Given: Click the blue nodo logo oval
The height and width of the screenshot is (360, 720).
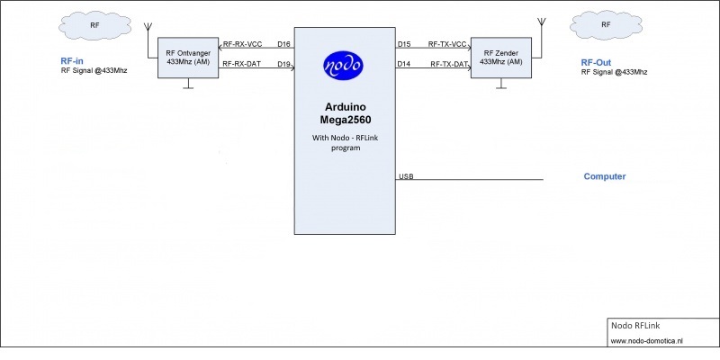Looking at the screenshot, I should click(344, 66).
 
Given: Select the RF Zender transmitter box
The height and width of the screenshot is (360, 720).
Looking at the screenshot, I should click(500, 58).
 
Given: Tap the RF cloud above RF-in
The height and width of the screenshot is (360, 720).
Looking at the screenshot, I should click(94, 26).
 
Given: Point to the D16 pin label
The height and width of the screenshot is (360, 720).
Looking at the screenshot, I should click(284, 43).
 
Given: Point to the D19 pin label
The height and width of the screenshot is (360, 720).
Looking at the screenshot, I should click(284, 64).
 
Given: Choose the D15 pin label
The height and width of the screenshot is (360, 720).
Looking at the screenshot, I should click(404, 43).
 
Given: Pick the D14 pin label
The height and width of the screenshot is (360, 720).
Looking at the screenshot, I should click(404, 64).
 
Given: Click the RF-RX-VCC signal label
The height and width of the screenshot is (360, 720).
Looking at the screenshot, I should click(242, 43).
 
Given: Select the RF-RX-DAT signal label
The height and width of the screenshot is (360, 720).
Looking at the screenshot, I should click(242, 64).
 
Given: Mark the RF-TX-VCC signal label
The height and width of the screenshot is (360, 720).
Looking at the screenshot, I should click(447, 43).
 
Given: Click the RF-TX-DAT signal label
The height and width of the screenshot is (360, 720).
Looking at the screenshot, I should click(449, 64).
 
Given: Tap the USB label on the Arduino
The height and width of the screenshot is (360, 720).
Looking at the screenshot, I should click(406, 176).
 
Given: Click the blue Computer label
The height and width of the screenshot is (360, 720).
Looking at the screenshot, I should click(605, 176).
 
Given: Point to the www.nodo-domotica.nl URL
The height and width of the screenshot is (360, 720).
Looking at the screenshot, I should click(647, 341).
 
